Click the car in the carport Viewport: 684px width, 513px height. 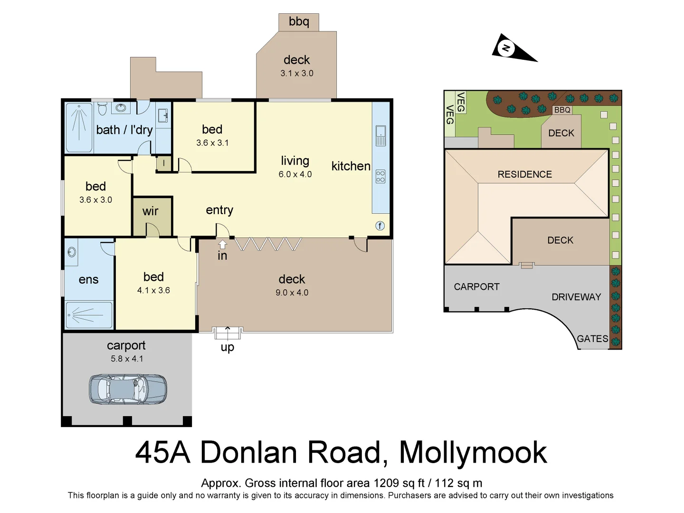tap(128, 389)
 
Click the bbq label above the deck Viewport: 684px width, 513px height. tap(299, 22)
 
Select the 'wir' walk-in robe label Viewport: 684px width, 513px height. tap(151, 211)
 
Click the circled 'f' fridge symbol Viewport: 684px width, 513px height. tap(380, 226)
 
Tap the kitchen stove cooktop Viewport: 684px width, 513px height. tap(380, 177)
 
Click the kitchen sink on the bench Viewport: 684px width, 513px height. tap(380, 135)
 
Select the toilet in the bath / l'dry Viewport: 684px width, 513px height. tap(102, 109)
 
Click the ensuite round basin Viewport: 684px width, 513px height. tap(72, 252)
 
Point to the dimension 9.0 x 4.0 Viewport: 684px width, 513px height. tap(292, 293)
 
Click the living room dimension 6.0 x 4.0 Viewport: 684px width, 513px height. tap(295, 174)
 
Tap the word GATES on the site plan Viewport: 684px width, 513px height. tap(592, 339)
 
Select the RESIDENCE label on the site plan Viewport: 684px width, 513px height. tap(524, 174)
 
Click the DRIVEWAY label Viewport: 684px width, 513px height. tap(576, 297)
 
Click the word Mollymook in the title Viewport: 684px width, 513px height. tap(473, 452)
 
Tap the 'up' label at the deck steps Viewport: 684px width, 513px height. tap(228, 347)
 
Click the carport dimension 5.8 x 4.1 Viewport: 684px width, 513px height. tap(127, 359)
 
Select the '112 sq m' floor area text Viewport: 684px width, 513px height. tap(458, 483)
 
